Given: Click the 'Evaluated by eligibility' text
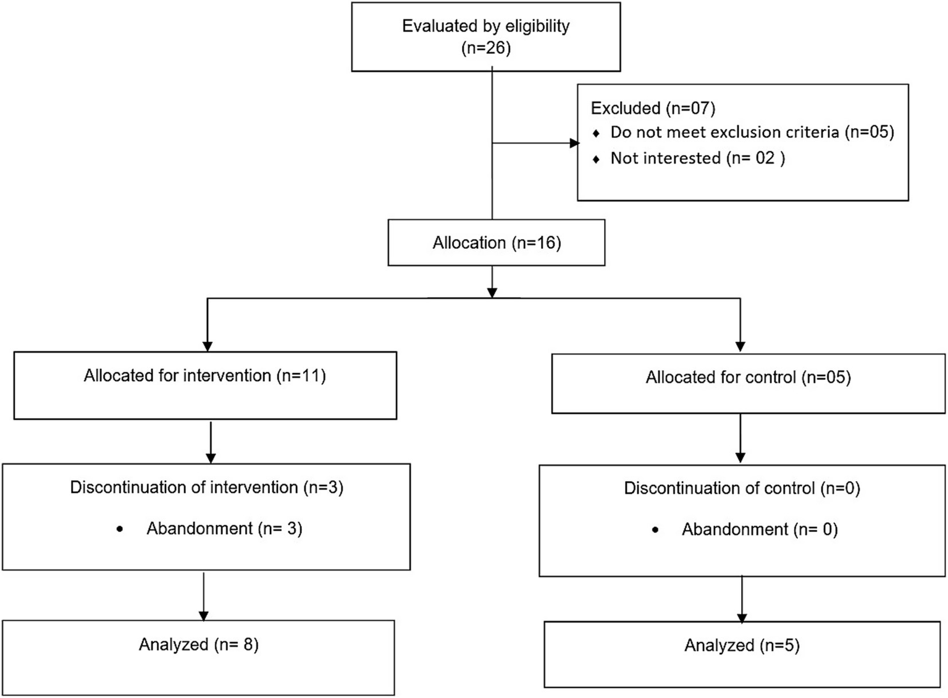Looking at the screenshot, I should pos(485,26).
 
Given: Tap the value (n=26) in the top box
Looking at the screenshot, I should pos(486,48).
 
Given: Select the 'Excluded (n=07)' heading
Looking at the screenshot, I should pos(653,108).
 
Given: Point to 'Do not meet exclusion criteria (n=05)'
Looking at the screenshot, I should pos(752,132).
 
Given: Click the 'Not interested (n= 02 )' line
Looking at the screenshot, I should pos(697,158).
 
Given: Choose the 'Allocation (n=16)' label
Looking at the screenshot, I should pos(497,243).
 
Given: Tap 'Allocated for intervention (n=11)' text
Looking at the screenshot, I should pos(204,376).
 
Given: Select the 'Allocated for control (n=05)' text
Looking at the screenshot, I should pos(748,377).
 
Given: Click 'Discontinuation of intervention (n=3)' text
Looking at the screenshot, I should pos(206,487).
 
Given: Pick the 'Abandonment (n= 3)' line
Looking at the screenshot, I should pos(224,529).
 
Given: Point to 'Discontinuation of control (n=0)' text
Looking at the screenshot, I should pos(742,489).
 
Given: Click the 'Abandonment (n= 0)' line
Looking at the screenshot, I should pos(760,529).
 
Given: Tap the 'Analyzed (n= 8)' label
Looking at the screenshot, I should pos(198,644).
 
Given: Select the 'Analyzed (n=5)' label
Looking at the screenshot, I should pos(742,645).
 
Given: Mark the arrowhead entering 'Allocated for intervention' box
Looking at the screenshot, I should pos(208,346).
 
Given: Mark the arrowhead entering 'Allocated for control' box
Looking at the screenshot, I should pos(740,347).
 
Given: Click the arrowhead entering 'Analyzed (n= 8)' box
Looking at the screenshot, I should pos(204,615).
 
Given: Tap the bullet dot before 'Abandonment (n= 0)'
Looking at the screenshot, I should pos(655,530).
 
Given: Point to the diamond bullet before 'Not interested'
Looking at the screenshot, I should pos(596,159).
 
